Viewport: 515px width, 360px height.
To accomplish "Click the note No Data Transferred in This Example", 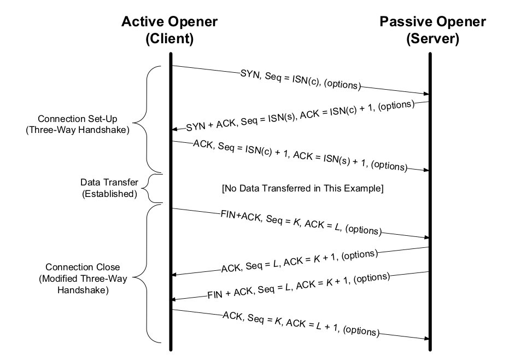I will [x=303, y=189].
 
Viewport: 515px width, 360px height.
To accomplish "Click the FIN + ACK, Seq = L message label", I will [x=300, y=286].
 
